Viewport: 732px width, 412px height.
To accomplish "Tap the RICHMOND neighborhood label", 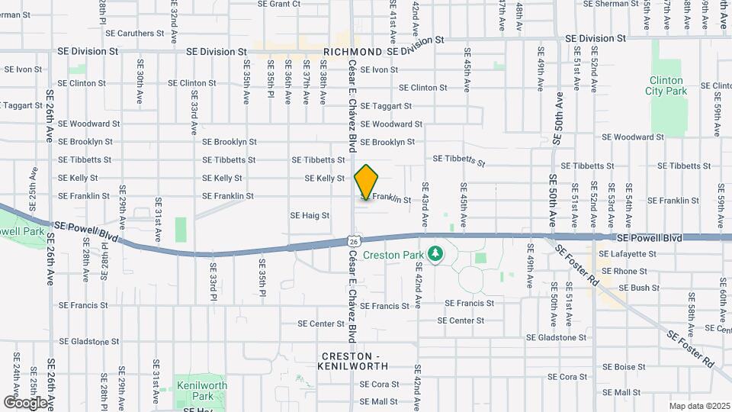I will (x=352, y=52).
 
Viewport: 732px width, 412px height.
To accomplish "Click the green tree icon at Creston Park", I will (x=436, y=253).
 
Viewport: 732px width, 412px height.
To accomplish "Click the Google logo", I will (x=26, y=402).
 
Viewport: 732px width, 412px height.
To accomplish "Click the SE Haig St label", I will (x=310, y=216).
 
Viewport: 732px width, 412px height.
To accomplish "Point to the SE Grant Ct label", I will (x=279, y=4).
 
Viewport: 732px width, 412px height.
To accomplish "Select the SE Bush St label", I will (x=639, y=288).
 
